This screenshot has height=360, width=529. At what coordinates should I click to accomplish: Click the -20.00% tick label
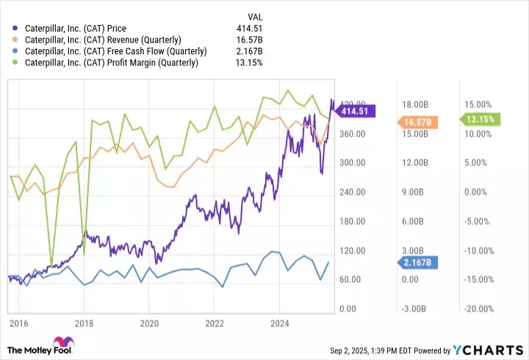coord(477,309)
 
